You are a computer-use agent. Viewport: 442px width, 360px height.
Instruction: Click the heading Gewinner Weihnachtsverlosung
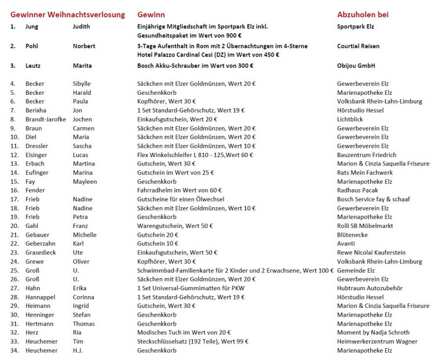(68, 15)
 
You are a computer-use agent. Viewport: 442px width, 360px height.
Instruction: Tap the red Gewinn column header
(151, 15)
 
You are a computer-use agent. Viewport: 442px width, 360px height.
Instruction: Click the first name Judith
(82, 27)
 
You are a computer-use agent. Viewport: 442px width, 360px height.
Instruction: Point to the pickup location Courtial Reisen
(358, 46)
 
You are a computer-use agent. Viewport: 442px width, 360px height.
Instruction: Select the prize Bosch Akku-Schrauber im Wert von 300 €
(195, 66)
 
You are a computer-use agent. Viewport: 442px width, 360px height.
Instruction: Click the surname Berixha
(36, 111)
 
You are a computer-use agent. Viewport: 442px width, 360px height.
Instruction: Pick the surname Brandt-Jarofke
(46, 119)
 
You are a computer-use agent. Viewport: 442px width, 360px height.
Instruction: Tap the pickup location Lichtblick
(350, 119)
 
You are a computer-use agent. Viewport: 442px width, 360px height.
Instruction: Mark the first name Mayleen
(84, 182)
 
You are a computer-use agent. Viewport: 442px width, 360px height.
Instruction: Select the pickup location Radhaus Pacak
(358, 191)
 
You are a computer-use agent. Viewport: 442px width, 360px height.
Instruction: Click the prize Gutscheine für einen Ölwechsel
(181, 199)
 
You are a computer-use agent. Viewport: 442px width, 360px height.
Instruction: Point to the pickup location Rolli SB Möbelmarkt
(365, 226)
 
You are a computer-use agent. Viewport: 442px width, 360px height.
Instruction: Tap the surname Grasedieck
(40, 252)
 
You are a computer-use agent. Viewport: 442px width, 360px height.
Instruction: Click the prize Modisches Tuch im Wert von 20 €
(184, 332)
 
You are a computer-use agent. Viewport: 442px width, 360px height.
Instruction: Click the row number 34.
(14, 351)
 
